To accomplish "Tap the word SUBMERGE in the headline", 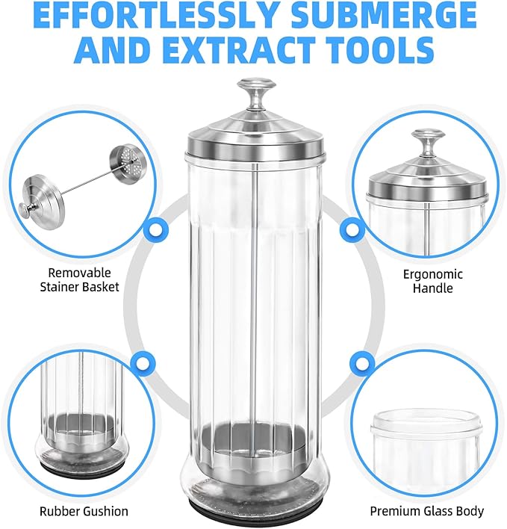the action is (384, 16).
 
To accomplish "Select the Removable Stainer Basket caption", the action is (80, 280).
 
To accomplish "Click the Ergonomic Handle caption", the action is (433, 281).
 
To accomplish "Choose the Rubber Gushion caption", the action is (84, 512).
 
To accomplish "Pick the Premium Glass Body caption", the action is (427, 512).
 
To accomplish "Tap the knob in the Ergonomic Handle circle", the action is (427, 143).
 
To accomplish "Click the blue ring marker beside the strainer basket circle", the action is (156, 229).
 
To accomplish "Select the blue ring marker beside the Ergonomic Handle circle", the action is (352, 229).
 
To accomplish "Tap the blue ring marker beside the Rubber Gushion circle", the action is (143, 364).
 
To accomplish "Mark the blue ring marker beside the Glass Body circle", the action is (363, 364).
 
